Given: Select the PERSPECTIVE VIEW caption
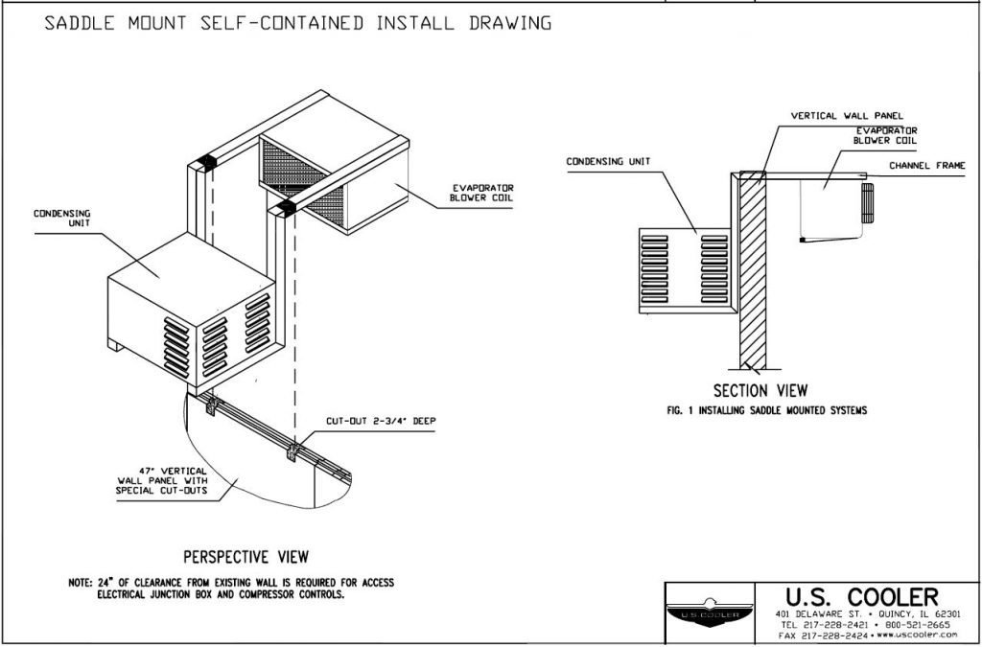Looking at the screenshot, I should click(245, 556).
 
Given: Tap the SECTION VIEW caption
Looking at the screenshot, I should click(760, 391).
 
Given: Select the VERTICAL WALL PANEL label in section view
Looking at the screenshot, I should click(847, 116).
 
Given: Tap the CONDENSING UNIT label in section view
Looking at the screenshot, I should click(608, 161).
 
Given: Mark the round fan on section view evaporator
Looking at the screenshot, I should click(868, 203).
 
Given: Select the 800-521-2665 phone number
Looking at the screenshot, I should click(918, 624).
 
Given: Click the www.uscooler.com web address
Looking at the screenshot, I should click(917, 635).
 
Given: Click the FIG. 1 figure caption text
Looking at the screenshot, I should click(766, 409).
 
